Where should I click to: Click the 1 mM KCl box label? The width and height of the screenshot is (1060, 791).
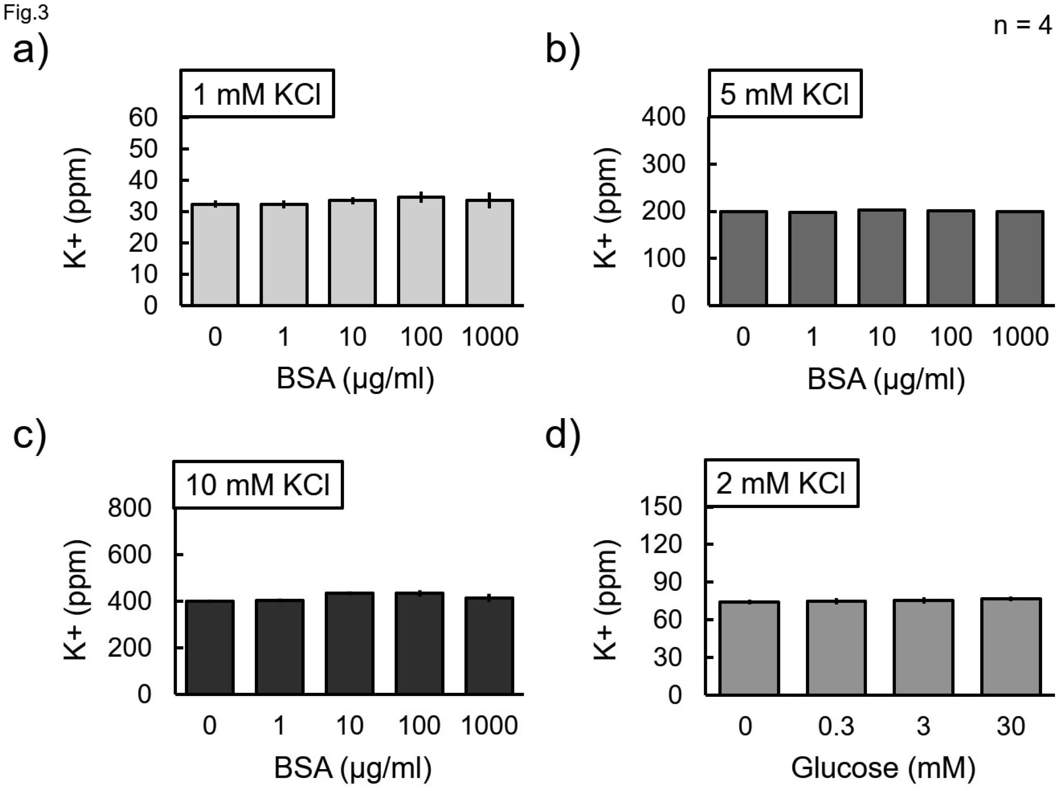[x=257, y=94]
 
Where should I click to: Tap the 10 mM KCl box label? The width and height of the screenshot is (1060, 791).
[x=257, y=484]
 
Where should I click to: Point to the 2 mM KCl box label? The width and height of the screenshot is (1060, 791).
[x=781, y=483]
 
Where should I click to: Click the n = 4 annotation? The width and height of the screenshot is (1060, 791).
[x=1022, y=25]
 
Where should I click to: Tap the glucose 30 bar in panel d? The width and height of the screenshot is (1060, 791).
[x=1011, y=646]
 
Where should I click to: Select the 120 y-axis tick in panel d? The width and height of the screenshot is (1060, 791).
[x=661, y=544]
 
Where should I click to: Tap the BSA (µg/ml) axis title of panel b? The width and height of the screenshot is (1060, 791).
[x=886, y=379]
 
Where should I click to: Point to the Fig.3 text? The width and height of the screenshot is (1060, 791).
[x=26, y=13]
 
